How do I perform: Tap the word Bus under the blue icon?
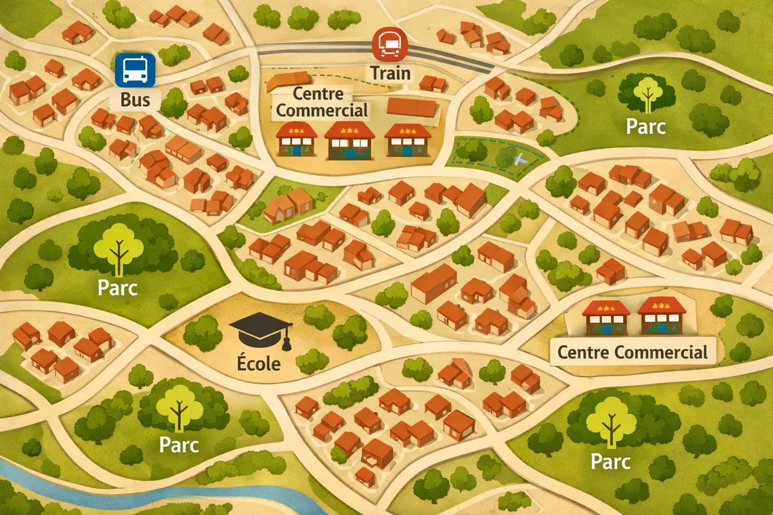[135, 100]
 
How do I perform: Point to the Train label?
[390, 72]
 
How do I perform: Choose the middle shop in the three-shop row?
[350, 140]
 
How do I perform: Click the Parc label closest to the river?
[178, 445]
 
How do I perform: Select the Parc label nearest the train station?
[646, 126]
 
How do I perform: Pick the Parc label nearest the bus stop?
[117, 287]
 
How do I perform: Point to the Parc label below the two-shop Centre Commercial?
[609, 461]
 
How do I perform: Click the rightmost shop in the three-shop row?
[407, 140]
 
